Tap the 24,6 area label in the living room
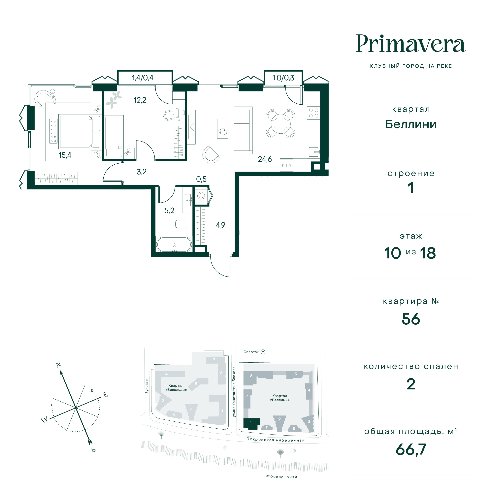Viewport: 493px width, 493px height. click(x=265, y=159)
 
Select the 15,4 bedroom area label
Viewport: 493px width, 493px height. click(x=65, y=155)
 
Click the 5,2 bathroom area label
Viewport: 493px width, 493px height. click(x=169, y=211)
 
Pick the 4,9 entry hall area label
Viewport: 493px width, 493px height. click(x=220, y=225)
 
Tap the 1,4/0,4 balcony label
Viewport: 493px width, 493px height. click(x=143, y=78)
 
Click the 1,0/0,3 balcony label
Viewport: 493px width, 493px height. click(x=283, y=78)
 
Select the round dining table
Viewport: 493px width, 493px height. click(x=280, y=124)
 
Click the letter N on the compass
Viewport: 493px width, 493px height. click(x=58, y=365)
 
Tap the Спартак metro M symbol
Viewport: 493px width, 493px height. click(x=263, y=352)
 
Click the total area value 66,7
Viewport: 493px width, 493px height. click(x=411, y=449)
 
